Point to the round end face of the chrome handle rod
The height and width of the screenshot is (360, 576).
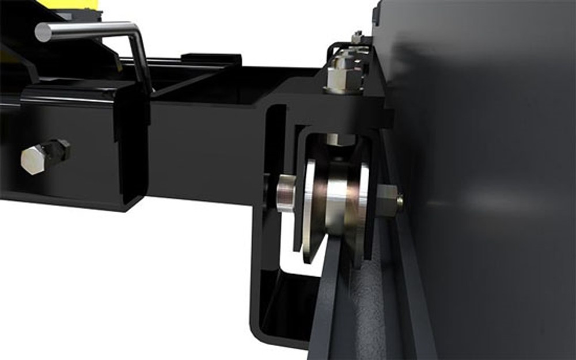coord(44,32)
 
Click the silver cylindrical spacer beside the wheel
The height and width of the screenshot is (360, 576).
coord(285,195)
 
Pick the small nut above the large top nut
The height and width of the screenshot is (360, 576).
coord(357,38)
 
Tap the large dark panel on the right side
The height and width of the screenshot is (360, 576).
coord(490,173)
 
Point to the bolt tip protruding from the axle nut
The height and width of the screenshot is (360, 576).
coord(400,200)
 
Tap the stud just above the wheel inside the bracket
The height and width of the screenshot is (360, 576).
coord(340,139)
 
